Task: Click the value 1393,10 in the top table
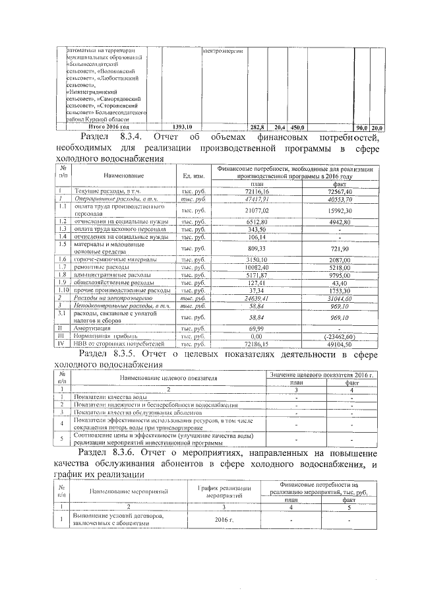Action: (181, 126)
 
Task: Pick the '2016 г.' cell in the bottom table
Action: (225, 520)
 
